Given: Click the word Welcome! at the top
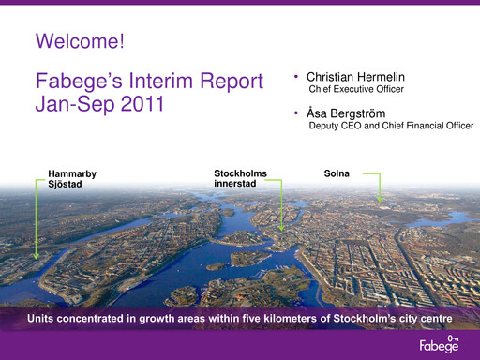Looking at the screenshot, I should [x=79, y=40].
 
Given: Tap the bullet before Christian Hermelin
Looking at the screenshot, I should [x=296, y=75].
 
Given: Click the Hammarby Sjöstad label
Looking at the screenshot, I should [x=72, y=179].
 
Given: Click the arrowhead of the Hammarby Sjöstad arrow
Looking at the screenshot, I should [x=35, y=255].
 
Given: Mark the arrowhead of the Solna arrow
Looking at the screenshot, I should [x=381, y=200].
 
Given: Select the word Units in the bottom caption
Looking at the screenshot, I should [x=42, y=319].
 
